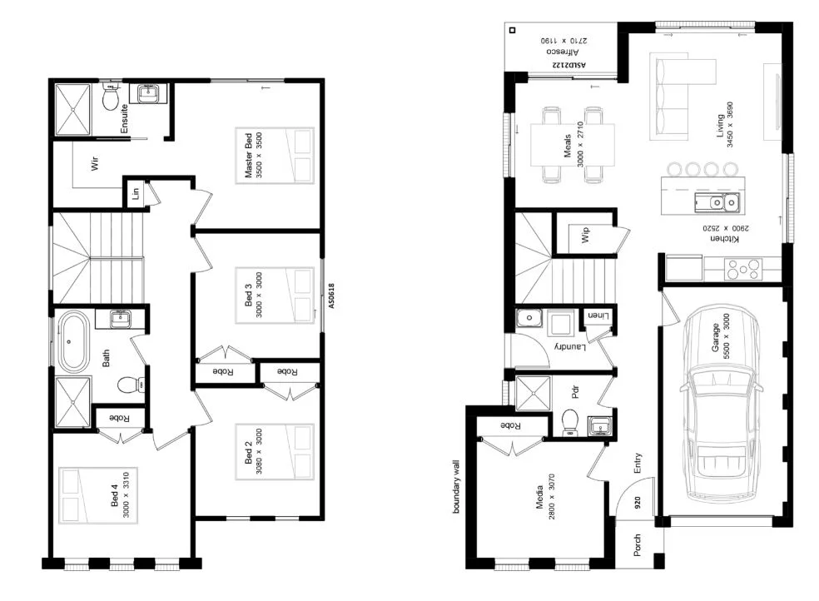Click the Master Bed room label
pyautogui.click(x=248, y=155)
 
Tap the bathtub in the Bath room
pyautogui.click(x=72, y=341)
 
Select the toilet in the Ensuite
pyautogui.click(x=110, y=97)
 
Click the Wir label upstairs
pyautogui.click(x=95, y=163)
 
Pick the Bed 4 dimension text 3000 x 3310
pyautogui.click(x=126, y=495)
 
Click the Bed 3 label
pyautogui.click(x=248, y=295)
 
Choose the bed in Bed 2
pyautogui.click(x=275, y=452)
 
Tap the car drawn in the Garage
pyautogui.click(x=721, y=402)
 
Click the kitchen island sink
pyautogui.click(x=717, y=201)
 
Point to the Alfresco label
pyautogui.click(x=563, y=52)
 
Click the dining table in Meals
pyautogui.click(x=573, y=145)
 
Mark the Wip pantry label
pyautogui.click(x=585, y=235)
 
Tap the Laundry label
pyautogui.click(x=570, y=345)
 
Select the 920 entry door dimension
pyautogui.click(x=638, y=502)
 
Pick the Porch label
pyautogui.click(x=638, y=545)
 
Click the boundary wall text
pyautogui.click(x=455, y=487)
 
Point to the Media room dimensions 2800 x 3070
pyautogui.click(x=552, y=497)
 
